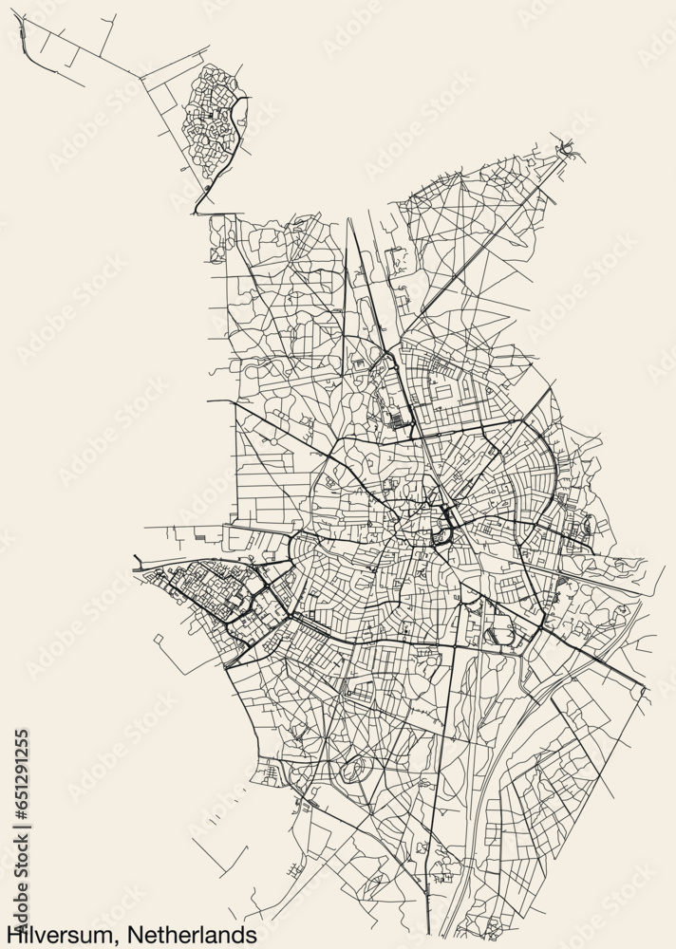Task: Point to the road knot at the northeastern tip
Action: click(569, 146)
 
